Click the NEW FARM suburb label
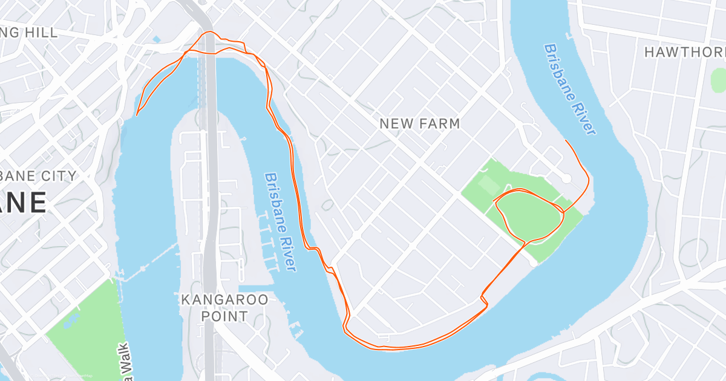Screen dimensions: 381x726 pos(419,124)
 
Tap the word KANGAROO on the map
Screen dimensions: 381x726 pos(224,300)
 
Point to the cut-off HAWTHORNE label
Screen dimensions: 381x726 pos(684,53)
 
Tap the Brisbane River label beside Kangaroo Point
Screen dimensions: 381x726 pos(280,222)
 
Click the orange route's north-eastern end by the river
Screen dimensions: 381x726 pos(566,140)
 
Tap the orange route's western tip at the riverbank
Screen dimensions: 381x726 pos(137,114)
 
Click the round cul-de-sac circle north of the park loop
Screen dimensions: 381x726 pos(566,178)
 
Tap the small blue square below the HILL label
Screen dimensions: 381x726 pos(157,40)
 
